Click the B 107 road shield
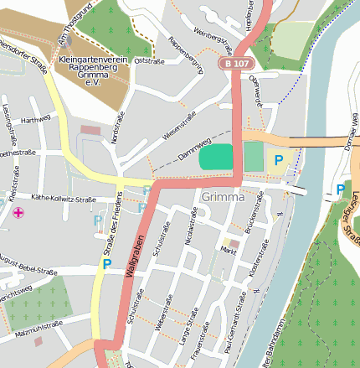pos(235,63)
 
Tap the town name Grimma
pos(223,198)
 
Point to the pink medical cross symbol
pos(18,213)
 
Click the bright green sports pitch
pos(218,156)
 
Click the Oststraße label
pos(147,60)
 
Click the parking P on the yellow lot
pos(278,158)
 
